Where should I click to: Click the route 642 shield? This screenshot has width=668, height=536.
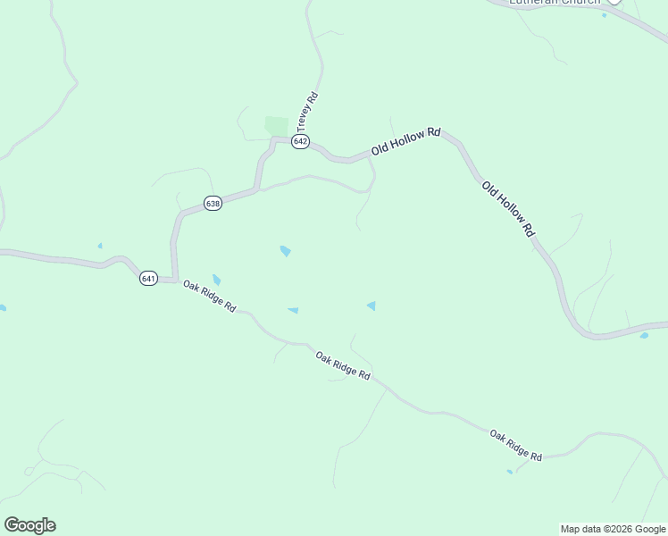click(300, 142)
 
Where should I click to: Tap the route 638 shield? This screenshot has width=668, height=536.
click(213, 203)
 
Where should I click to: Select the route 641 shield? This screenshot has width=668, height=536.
click(148, 279)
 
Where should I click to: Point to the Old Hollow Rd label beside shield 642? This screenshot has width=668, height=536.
click(406, 142)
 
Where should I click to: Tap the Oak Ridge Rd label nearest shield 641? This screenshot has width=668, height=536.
click(209, 297)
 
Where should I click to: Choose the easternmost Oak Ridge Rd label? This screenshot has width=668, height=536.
click(515, 445)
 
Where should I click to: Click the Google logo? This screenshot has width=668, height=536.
click(29, 525)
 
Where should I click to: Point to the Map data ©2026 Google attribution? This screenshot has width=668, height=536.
click(612, 529)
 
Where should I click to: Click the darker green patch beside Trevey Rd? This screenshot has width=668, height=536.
click(277, 126)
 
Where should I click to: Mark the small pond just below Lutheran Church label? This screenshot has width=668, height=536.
click(605, 15)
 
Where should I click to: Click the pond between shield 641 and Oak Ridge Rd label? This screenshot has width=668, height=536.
click(216, 281)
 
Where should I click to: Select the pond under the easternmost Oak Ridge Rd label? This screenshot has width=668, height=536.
click(510, 472)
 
